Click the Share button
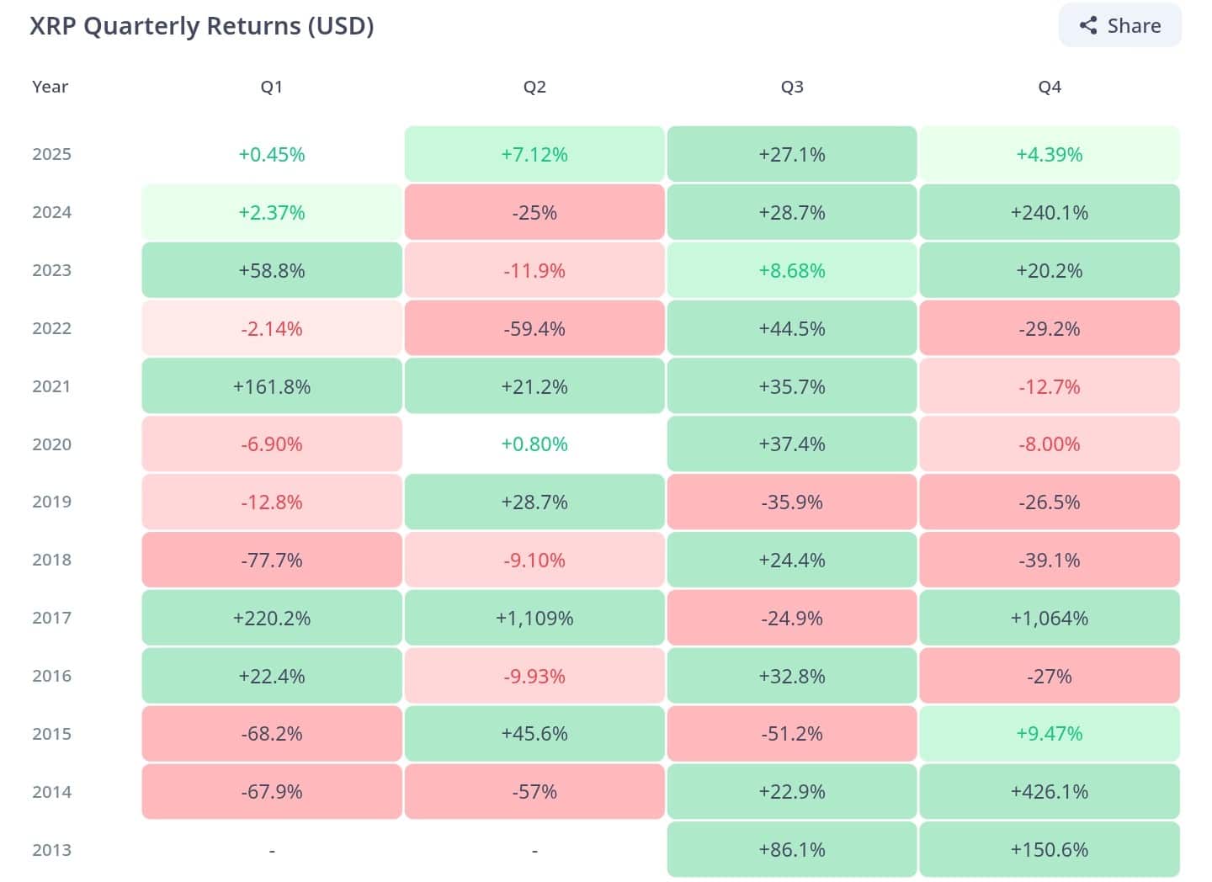(x=1120, y=25)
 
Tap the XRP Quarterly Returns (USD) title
(x=202, y=25)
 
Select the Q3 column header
(x=792, y=87)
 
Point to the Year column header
(x=50, y=87)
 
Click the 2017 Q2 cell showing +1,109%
(x=534, y=618)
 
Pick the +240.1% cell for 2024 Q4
(x=1050, y=212)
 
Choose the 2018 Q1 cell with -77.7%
(x=272, y=560)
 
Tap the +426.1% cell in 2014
(x=1050, y=791)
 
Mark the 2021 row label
(x=51, y=386)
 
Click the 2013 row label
(x=51, y=850)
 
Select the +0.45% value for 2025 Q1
(x=272, y=154)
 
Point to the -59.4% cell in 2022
(x=534, y=328)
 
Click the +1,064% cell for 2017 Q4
(x=1050, y=618)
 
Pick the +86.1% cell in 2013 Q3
(x=792, y=849)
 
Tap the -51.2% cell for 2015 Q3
(x=792, y=733)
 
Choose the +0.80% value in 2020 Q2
(x=534, y=444)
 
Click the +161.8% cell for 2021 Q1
(x=272, y=386)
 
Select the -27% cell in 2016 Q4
(x=1050, y=676)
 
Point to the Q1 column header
(x=272, y=87)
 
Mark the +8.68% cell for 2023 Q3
(x=792, y=270)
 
